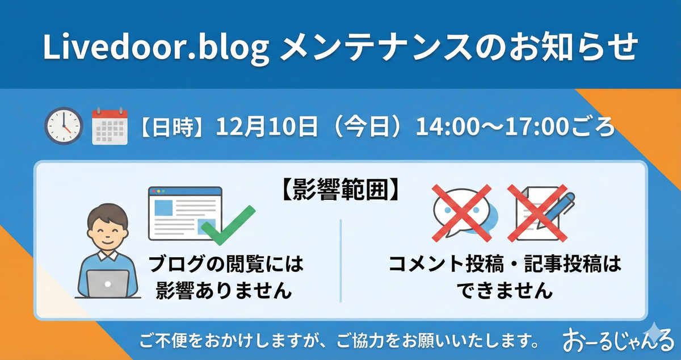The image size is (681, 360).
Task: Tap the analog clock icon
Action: pyautogui.click(x=64, y=125)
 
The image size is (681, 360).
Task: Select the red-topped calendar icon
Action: pyautogui.click(x=110, y=125)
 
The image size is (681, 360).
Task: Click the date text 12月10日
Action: pyautogui.click(x=267, y=126)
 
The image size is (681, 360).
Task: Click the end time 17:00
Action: pyautogui.click(x=537, y=126)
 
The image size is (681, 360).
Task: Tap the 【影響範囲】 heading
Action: pyautogui.click(x=341, y=190)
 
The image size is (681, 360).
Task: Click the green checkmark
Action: pyautogui.click(x=228, y=225)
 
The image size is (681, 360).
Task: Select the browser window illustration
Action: pyautogui.click(x=185, y=214)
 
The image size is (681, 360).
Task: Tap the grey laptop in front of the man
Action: pyautogui.click(x=108, y=283)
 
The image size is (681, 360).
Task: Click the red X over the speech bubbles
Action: pyautogui.click(x=462, y=213)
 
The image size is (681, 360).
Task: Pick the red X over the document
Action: pyautogui.click(x=537, y=213)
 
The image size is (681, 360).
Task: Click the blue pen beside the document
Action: pyautogui.click(x=556, y=210)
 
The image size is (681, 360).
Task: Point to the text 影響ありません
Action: pyautogui.click(x=224, y=290)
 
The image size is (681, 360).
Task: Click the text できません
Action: pyautogui.click(x=505, y=290)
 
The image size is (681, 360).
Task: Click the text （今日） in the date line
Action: pyautogui.click(x=367, y=126)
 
